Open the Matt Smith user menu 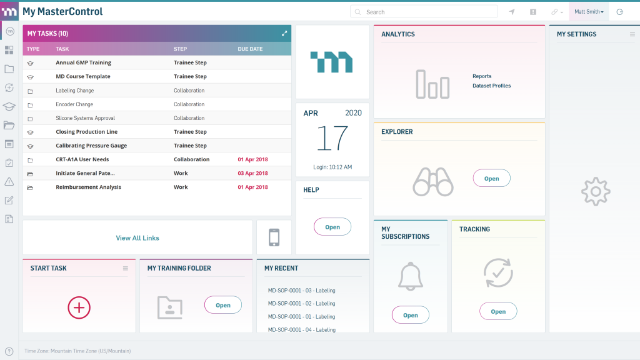click(589, 12)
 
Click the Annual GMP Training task click(83, 62)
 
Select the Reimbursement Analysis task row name click(88, 187)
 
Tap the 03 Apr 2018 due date click(252, 173)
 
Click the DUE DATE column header click(250, 49)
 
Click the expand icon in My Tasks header click(284, 34)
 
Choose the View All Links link click(137, 238)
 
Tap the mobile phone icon click(274, 237)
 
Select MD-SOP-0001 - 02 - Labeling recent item click(301, 303)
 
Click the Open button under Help click(332, 227)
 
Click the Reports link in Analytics click(482, 76)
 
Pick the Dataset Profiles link click(491, 86)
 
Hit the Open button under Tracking click(498, 311)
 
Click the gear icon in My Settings click(595, 192)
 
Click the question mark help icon click(9, 351)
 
